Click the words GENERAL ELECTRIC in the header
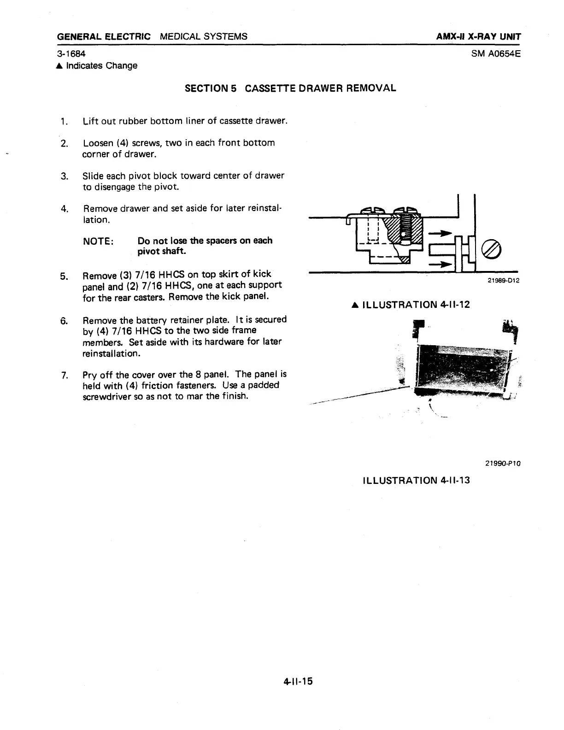104,36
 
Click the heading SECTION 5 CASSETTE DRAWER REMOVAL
290,88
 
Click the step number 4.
64,209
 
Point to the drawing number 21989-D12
503,280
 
